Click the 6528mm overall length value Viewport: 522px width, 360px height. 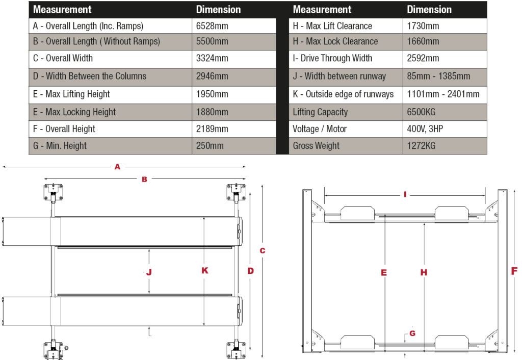[x=212, y=26]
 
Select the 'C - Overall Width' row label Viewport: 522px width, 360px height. [x=63, y=58]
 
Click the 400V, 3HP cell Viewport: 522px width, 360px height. [x=425, y=129]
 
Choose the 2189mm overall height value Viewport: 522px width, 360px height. [x=212, y=129]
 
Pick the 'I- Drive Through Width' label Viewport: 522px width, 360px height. [x=332, y=58]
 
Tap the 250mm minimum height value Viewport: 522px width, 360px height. [x=210, y=146]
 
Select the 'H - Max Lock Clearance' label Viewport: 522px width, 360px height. [x=335, y=41]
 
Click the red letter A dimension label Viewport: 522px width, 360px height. [x=117, y=167]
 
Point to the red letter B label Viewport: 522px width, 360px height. [x=144, y=179]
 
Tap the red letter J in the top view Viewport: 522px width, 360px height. [x=149, y=272]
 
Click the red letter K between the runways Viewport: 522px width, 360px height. [x=204, y=271]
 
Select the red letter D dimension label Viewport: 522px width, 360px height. [x=250, y=271]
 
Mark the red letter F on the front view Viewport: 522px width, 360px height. [x=514, y=271]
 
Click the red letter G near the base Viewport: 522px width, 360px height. [x=412, y=333]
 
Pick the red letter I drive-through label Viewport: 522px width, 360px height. [x=405, y=194]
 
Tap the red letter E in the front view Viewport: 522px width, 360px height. [x=384, y=272]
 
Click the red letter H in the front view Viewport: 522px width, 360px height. [x=424, y=272]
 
